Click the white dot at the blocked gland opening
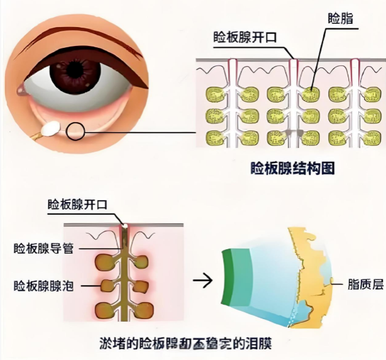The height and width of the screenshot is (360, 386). coord(124,225)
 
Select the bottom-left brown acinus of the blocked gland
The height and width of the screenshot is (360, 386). coord(103,310)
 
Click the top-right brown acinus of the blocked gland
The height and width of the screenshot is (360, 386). coord(143,261)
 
